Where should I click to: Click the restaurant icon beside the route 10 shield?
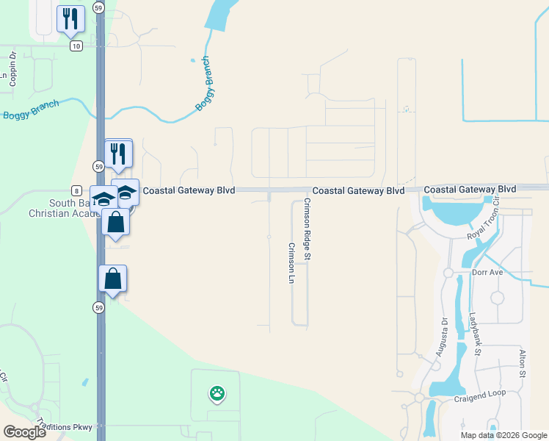[x=70, y=18]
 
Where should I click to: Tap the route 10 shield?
[x=76, y=46]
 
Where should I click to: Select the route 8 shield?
[x=76, y=190]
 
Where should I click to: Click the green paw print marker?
[x=217, y=393]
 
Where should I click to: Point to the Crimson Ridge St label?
[x=308, y=229]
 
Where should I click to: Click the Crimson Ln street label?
[x=291, y=264]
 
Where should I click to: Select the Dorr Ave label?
[x=488, y=273]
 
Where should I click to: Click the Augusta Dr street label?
[x=441, y=336]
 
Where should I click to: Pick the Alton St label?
[x=523, y=364]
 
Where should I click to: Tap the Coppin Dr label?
[x=13, y=68]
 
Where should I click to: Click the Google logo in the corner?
[x=25, y=432]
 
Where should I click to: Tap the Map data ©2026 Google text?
[x=503, y=435]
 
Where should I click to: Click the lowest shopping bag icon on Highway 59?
[x=112, y=279]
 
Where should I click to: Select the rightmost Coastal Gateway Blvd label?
[x=470, y=189]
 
